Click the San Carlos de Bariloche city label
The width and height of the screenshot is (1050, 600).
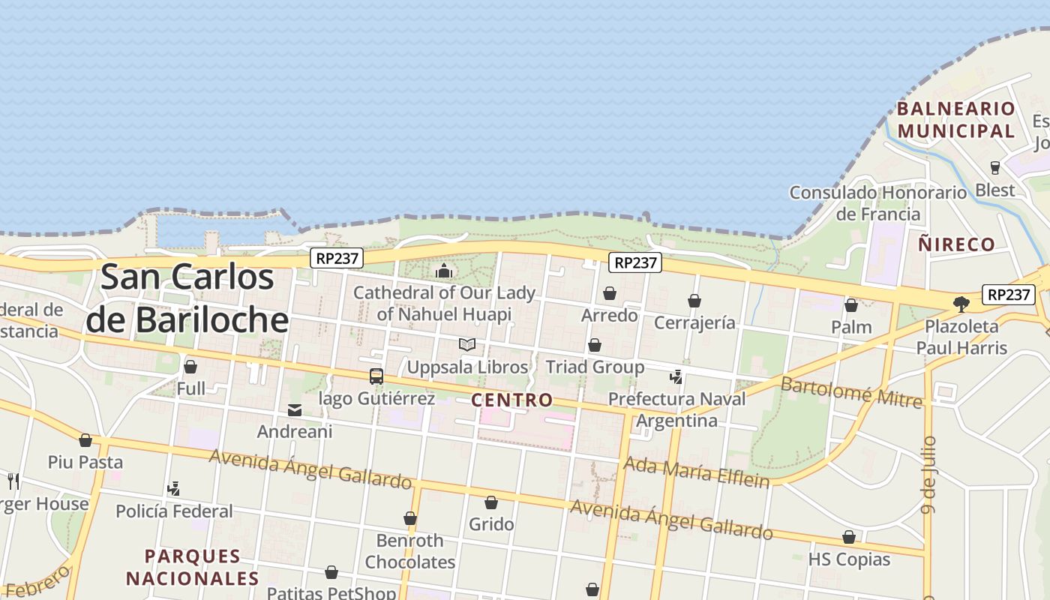click(187, 298)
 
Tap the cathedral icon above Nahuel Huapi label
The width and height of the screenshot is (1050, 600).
click(444, 271)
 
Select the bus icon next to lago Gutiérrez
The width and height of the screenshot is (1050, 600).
click(376, 376)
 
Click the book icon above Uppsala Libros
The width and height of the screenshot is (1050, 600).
click(467, 344)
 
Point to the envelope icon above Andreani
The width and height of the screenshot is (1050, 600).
click(295, 410)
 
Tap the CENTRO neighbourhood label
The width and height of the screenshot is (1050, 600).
click(512, 400)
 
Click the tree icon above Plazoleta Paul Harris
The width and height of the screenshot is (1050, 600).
click(961, 304)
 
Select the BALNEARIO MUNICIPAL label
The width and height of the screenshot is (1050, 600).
click(956, 120)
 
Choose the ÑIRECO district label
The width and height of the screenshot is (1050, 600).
click(956, 244)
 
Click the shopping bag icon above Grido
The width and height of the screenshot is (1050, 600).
click(491, 502)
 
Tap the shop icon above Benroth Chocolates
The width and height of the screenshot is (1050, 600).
click(410, 518)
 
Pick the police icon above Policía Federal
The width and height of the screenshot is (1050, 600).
click(174, 489)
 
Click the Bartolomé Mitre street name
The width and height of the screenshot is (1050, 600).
click(851, 392)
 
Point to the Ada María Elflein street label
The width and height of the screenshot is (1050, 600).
click(697, 472)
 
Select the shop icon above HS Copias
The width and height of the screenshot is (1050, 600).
click(849, 537)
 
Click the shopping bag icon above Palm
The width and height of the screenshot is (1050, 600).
click(851, 305)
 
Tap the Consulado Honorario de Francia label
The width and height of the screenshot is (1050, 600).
click(878, 203)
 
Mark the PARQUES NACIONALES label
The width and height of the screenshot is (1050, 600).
click(192, 568)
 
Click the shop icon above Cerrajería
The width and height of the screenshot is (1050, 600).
click(694, 301)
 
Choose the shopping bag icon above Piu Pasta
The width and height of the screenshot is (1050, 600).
click(85, 440)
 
